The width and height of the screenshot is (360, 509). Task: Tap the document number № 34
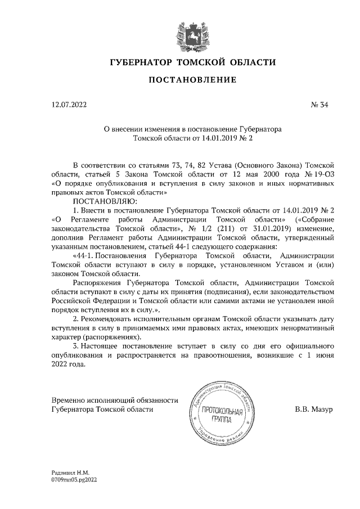coord(318,105)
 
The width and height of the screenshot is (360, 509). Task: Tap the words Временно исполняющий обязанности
coord(114,400)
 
